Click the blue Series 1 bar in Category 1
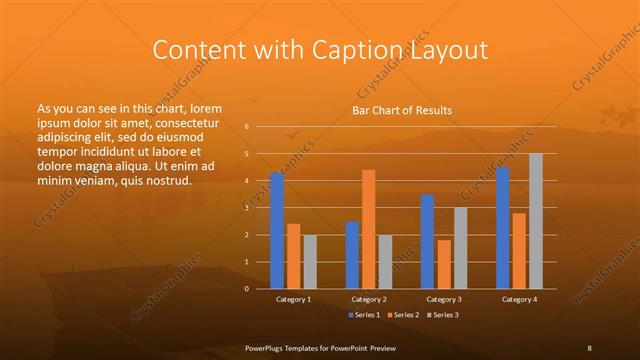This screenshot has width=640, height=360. click(277, 231)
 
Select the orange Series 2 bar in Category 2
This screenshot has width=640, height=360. click(369, 229)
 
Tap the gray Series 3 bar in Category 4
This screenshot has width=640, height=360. click(536, 221)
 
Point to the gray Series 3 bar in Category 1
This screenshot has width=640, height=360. click(310, 262)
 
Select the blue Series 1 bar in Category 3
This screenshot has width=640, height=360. click(428, 241)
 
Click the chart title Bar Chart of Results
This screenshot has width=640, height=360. click(401, 110)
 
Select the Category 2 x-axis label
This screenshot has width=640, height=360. click(368, 299)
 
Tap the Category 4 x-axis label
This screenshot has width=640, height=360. click(518, 299)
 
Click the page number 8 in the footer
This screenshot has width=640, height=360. click(589, 348)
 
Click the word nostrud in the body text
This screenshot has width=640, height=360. click(165, 180)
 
